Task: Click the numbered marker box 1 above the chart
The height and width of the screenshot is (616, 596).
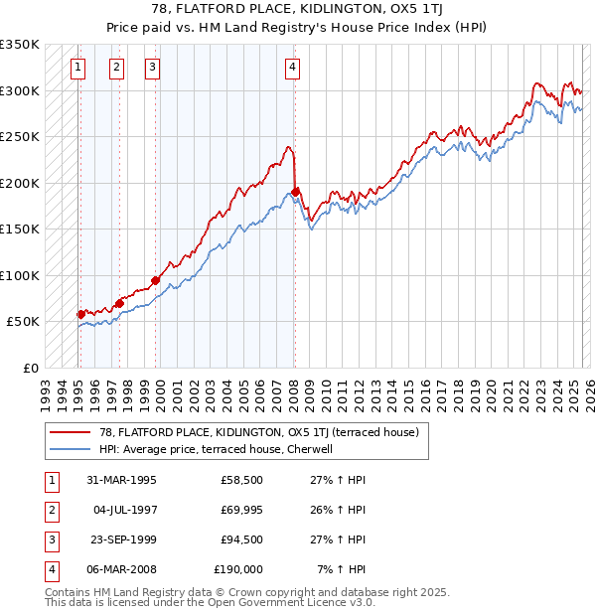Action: (78, 68)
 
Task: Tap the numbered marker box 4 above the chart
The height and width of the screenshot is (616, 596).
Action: (293, 68)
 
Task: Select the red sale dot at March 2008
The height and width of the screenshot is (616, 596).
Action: (296, 192)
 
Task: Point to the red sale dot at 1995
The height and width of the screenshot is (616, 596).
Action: (81, 314)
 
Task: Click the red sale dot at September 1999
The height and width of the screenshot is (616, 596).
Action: (155, 280)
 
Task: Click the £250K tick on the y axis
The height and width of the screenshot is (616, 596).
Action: (20, 137)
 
